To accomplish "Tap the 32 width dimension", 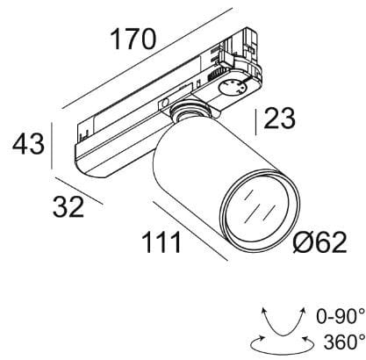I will [68, 207].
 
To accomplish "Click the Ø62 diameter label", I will [312, 242].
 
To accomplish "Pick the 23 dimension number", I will [280, 119].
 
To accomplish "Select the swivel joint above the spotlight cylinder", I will [189, 112].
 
